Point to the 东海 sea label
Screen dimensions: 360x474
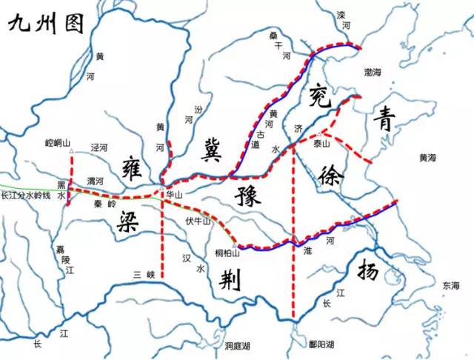coord(450,285)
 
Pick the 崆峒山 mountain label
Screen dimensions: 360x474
coord(57,142)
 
